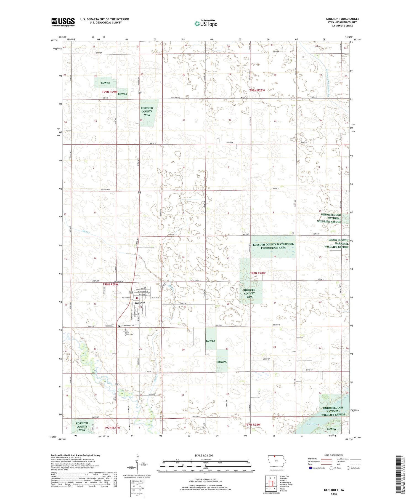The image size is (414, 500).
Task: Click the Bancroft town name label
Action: pos(140,303)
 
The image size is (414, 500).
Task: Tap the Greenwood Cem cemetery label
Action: pos(129,325)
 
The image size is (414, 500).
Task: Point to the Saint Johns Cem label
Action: pos(129,334)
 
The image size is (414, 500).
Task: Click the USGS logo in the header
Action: pos(63,22)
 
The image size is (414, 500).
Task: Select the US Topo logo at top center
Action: pos(206,23)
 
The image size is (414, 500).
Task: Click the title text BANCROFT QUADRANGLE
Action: pos(342,19)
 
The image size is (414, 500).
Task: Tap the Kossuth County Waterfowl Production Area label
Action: pos(273,246)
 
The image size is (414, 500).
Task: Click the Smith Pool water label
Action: pos(312,424)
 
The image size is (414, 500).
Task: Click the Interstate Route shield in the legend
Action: pos(310,468)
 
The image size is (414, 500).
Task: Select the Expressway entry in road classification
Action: pos(314,459)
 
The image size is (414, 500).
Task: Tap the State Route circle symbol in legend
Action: pos(348,468)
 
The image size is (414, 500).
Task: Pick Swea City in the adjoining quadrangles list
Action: pos(284,476)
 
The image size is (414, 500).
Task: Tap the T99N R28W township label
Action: pos(257,90)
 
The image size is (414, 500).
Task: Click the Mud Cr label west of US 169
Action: pos(86,232)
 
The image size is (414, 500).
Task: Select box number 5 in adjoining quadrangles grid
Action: pos(275,483)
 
